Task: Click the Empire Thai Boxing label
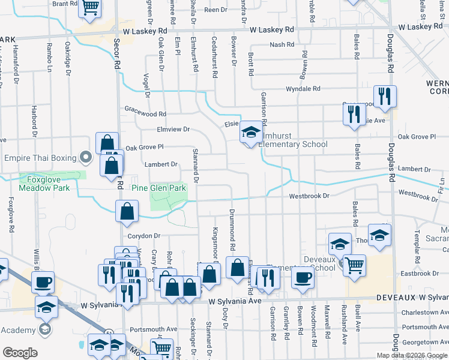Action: coord(40,158)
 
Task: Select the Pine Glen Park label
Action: coord(159,188)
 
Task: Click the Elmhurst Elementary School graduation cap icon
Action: coord(250,133)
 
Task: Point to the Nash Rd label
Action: coord(282,44)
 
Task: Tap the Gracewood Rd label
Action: coord(145,113)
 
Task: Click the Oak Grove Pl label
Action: coord(144,147)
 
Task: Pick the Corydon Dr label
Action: coord(145,236)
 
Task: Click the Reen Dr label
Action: coord(214,10)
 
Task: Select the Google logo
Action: coord(20,353)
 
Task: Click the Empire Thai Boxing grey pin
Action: coord(85,158)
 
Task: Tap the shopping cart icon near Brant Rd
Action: coord(90,8)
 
